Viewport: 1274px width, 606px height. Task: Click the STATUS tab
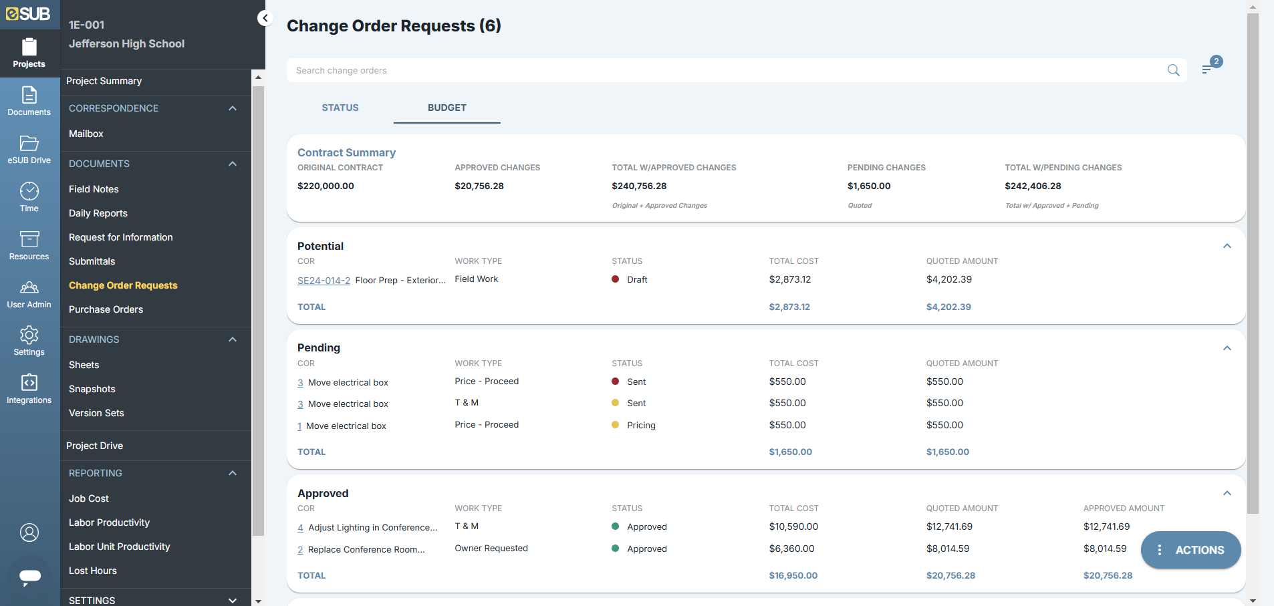pyautogui.click(x=340, y=108)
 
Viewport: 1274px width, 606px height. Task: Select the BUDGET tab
pyautogui.click(x=447, y=108)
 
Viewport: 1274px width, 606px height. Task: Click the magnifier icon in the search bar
pyautogui.click(x=1173, y=70)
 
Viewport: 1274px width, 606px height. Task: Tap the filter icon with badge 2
pyautogui.click(x=1207, y=69)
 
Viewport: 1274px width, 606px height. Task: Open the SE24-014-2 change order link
pyautogui.click(x=324, y=281)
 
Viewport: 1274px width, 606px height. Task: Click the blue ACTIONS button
pyautogui.click(x=1190, y=550)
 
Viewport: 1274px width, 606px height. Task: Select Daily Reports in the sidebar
pyautogui.click(x=98, y=213)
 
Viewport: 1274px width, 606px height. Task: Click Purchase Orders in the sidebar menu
pyautogui.click(x=106, y=309)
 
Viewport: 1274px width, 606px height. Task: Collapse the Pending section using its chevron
pyautogui.click(x=1227, y=348)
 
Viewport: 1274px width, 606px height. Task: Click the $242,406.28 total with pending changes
pyautogui.click(x=1033, y=186)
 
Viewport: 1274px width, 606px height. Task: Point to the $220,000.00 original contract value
pyautogui.click(x=326, y=186)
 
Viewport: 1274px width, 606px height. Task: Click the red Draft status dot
pyautogui.click(x=615, y=279)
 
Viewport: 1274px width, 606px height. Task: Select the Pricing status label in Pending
pyautogui.click(x=640, y=426)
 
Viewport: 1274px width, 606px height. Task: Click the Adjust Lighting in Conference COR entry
pyautogui.click(x=372, y=528)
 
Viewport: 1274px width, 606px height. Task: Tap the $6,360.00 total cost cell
pyautogui.click(x=791, y=549)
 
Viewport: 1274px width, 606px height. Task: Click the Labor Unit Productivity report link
pyautogui.click(x=119, y=547)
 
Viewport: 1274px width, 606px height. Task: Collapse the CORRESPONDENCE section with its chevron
pyautogui.click(x=233, y=108)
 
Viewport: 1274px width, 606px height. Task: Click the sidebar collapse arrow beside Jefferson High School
pyautogui.click(x=265, y=19)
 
